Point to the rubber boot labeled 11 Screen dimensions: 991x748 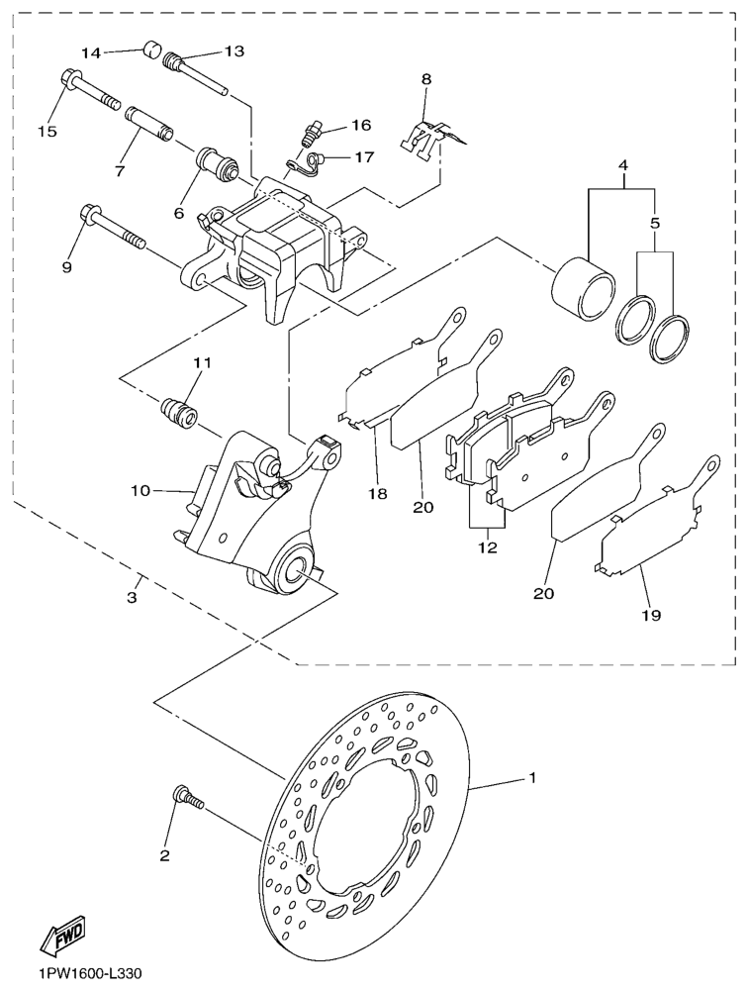(x=178, y=411)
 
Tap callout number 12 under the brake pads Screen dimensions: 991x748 (x=486, y=546)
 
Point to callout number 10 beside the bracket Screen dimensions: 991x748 (x=139, y=490)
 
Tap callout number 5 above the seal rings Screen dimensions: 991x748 (x=654, y=225)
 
